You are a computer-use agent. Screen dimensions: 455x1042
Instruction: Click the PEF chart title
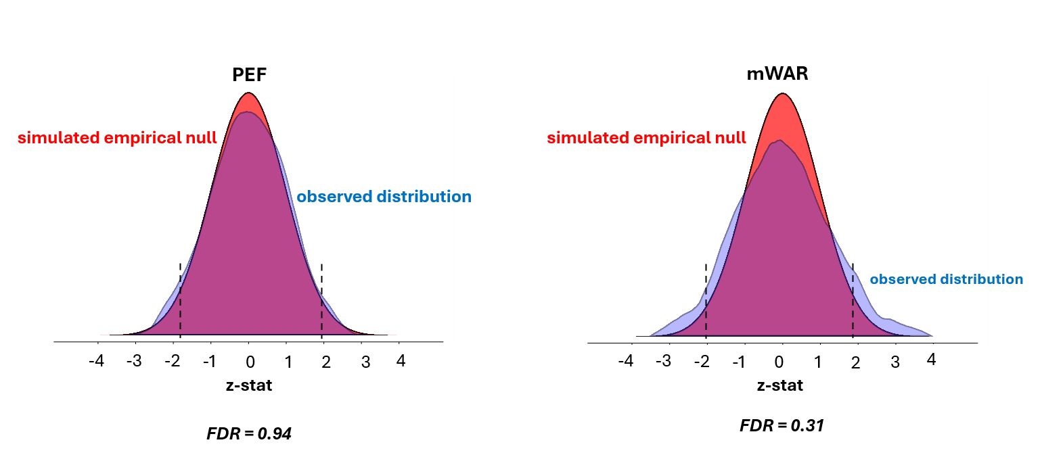249,76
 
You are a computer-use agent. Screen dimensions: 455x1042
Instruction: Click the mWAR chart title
777,74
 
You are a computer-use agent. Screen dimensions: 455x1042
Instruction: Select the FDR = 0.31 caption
781,426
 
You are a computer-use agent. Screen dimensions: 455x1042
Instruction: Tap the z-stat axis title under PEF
249,386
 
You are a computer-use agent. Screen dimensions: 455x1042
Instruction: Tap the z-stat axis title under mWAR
780,386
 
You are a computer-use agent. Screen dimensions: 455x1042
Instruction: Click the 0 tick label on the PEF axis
250,362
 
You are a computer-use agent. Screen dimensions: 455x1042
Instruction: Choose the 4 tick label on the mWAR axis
931,360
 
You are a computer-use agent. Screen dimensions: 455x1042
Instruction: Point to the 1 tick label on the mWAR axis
817,362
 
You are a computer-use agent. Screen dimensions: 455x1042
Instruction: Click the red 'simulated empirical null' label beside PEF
117,138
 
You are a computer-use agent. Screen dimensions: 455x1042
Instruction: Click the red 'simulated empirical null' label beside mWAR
646,138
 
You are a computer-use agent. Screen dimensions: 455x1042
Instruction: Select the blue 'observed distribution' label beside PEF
384,197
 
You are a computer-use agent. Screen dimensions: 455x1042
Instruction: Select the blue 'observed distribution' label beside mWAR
946,279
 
